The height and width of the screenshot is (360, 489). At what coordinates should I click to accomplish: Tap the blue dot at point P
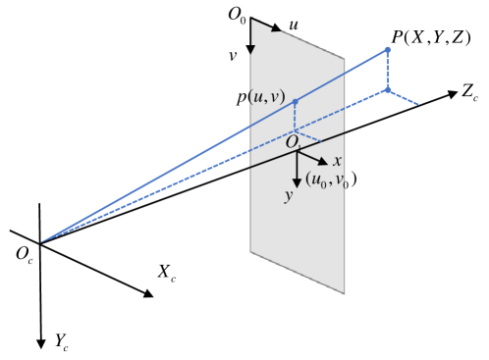(x=388, y=50)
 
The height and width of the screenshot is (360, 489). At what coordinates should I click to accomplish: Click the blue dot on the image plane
(x=296, y=101)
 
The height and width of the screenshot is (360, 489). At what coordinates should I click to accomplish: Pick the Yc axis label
(x=61, y=340)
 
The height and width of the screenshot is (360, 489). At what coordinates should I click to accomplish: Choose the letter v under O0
(x=233, y=56)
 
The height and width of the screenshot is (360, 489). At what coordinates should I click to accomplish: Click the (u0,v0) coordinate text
(x=331, y=180)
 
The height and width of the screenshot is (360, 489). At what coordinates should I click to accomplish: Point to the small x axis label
(x=337, y=160)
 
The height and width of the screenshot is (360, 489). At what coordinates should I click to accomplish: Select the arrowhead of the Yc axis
(x=40, y=344)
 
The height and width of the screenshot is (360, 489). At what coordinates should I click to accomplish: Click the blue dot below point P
(x=388, y=90)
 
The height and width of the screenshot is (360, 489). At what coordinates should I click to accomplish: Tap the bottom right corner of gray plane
(x=345, y=293)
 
